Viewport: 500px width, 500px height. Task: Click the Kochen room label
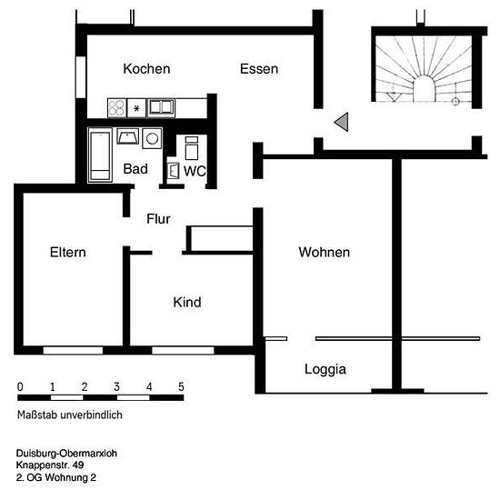coord(146,69)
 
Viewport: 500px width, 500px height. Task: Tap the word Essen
coord(259,69)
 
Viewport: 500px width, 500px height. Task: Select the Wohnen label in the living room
coord(324,252)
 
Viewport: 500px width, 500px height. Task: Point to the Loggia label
coord(325,370)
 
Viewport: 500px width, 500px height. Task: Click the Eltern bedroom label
coord(68,252)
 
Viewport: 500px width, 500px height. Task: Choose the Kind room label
coord(187,302)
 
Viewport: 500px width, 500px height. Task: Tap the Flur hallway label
coord(158,219)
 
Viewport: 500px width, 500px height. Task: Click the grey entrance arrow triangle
coord(343,122)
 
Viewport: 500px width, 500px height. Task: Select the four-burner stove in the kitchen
coord(116,108)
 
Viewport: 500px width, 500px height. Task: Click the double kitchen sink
coord(161,107)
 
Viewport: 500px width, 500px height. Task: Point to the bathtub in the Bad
coord(100,155)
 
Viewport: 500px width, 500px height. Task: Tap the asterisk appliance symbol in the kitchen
coord(136,108)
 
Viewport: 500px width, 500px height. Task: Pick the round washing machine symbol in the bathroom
coord(152,138)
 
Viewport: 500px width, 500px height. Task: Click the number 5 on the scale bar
coord(181,386)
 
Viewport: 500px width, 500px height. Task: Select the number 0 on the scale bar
coord(20,386)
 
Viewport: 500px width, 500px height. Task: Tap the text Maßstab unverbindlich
coord(70,415)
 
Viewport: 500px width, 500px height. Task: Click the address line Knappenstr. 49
coord(50,465)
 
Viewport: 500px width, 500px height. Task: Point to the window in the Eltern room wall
coord(73,350)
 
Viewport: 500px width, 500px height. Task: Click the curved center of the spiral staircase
coord(424,88)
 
